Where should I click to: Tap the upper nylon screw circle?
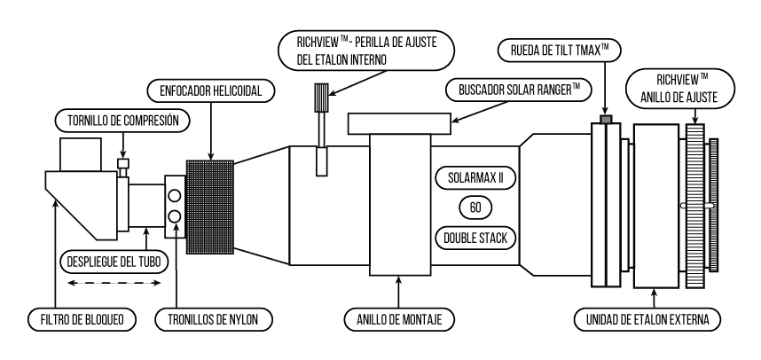coord(175,195)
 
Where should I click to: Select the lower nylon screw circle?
coord(175,215)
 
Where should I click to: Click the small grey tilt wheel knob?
coord(606,119)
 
